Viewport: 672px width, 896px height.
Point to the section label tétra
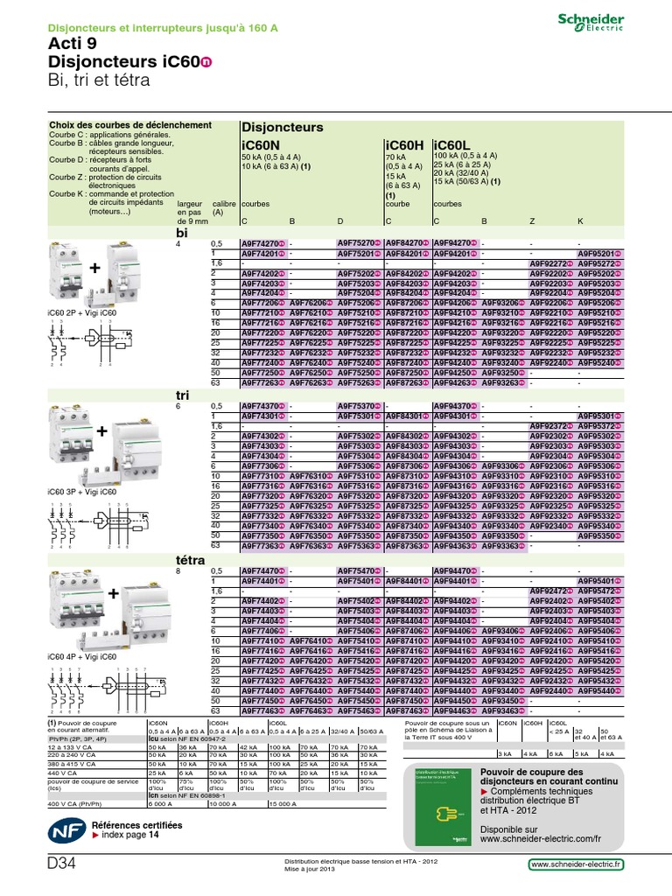[191, 560]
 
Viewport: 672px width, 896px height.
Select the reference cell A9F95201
[601, 253]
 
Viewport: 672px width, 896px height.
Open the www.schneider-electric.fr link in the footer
[577, 864]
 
